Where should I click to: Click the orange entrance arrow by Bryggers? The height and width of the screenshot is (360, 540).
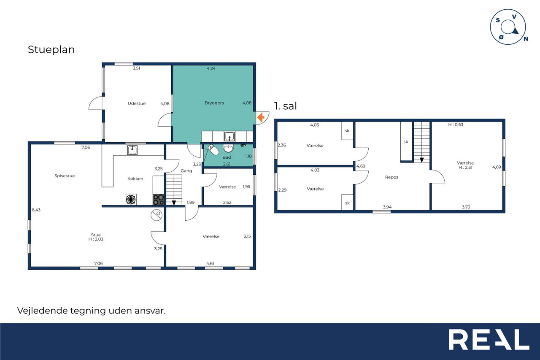261,118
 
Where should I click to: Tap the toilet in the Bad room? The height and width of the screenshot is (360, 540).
213,149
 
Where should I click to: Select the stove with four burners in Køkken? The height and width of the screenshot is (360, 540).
159,199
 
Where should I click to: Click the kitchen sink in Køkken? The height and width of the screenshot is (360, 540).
132,150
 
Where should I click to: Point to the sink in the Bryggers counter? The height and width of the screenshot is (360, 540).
229,137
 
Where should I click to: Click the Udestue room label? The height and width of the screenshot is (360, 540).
137,103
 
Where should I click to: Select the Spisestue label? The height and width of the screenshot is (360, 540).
65,176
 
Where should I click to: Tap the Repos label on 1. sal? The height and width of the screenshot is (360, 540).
392,177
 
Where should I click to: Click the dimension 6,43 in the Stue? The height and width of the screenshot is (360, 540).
36,210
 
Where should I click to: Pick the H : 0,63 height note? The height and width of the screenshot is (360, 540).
456,125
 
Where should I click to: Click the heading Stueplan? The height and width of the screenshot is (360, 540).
51,50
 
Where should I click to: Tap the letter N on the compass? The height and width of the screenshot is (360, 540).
526,39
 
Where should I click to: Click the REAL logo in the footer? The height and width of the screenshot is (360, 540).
489,339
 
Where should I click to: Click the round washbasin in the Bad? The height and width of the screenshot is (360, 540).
228,148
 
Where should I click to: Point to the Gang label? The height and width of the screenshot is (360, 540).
186,171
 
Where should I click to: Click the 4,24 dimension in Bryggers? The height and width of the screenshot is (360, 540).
211,68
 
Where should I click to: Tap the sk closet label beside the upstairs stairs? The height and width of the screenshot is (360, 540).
406,142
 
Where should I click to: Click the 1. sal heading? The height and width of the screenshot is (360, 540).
286,106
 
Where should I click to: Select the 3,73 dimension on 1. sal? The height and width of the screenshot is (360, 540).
466,207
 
